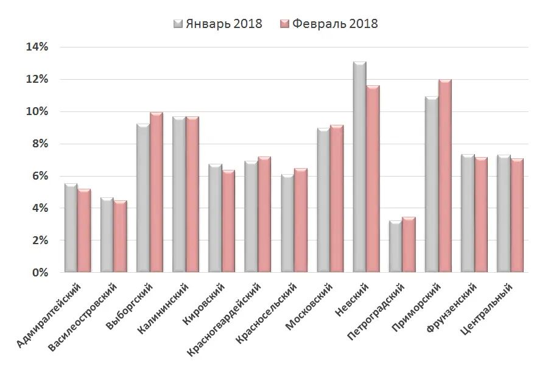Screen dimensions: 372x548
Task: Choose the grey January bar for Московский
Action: coord(323,201)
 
